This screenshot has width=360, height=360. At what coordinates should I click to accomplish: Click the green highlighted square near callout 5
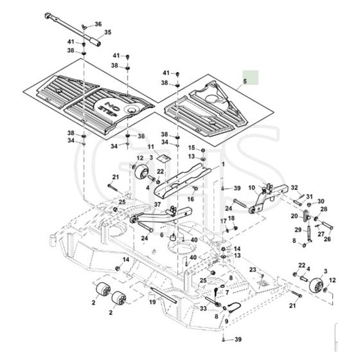coord(251,78)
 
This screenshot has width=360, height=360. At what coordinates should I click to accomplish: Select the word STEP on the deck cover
coord(108,112)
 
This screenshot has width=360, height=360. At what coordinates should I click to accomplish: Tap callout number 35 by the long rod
coord(108,32)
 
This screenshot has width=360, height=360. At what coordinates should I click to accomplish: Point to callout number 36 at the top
coord(98,24)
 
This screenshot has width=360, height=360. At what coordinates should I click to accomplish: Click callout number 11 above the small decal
coord(151,147)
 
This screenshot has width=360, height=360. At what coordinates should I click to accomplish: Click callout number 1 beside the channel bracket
coord(223,165)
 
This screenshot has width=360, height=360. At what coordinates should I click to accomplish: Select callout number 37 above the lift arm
coord(157,204)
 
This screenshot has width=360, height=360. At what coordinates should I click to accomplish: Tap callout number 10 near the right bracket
coord(251,188)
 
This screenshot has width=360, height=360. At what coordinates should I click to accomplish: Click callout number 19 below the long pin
coord(152,301)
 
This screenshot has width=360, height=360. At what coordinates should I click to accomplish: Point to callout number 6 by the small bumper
coord(162,235)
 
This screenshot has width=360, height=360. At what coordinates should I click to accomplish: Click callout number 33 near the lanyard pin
coord(203,309)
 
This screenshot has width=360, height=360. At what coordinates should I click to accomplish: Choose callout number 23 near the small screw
coord(253,269)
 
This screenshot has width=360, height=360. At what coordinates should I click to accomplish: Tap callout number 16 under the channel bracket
coord(190,199)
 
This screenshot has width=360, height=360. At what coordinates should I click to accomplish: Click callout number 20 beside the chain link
coord(294,216)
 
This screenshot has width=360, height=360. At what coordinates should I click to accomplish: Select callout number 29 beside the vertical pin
coord(298,230)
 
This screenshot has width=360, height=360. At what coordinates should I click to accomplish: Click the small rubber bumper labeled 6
coord(172,237)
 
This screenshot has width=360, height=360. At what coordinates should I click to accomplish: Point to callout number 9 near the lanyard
coord(226,321)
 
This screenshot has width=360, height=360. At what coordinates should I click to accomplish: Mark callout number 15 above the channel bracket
coord(192,148)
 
